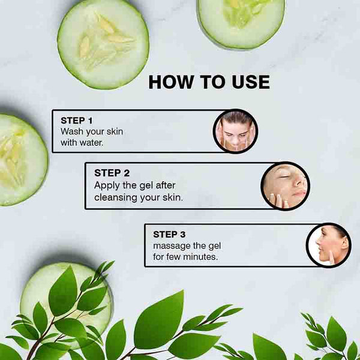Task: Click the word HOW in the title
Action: tap(171, 82)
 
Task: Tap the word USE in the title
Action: tap(251, 82)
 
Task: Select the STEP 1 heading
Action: tap(76, 121)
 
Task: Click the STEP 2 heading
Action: tap(112, 173)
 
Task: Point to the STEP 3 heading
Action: tap(169, 235)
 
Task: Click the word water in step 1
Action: tap(91, 143)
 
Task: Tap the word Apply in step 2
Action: tap(107, 186)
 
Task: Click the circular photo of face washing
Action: tap(236, 131)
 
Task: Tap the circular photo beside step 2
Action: tap(286, 186)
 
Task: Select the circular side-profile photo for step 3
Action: tap(329, 245)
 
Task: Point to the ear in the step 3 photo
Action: tap(344, 244)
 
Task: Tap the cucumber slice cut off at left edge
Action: tap(23, 160)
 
